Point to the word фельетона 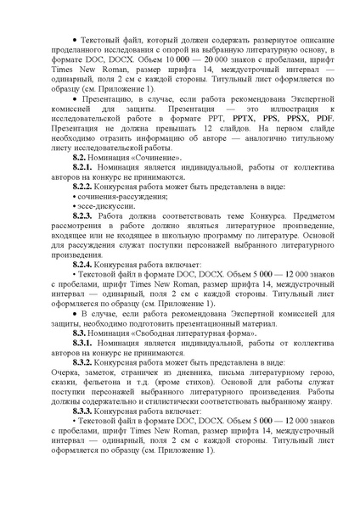[x=97, y=383]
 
